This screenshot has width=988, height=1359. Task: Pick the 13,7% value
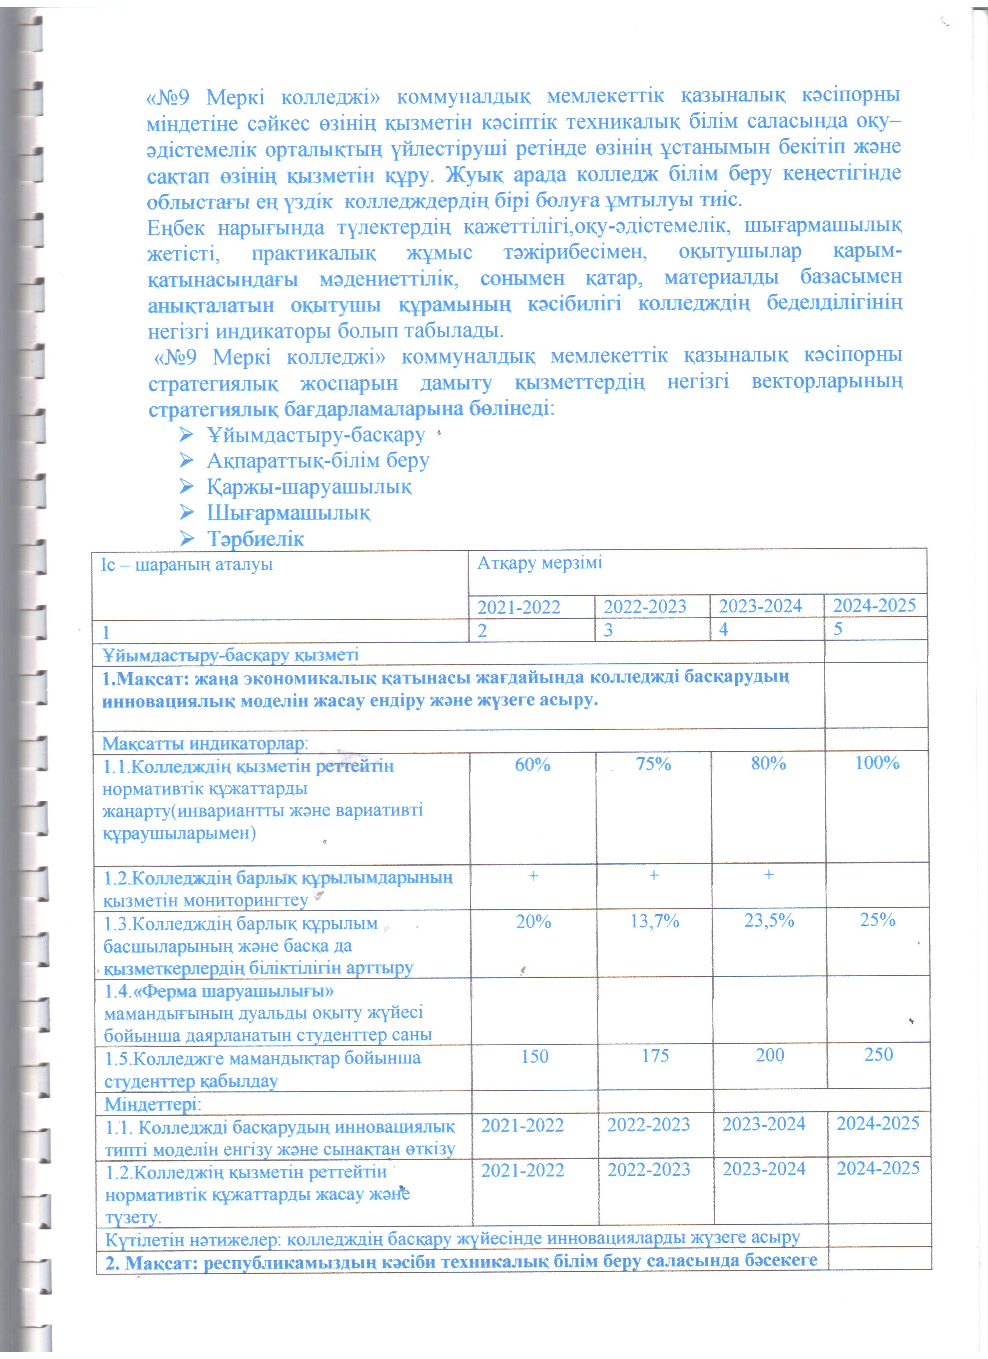coord(654,921)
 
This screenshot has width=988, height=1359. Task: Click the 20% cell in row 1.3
coord(533,922)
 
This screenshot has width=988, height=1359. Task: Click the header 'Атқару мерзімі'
coord(539,563)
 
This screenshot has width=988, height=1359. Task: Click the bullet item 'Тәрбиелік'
coord(255,539)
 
